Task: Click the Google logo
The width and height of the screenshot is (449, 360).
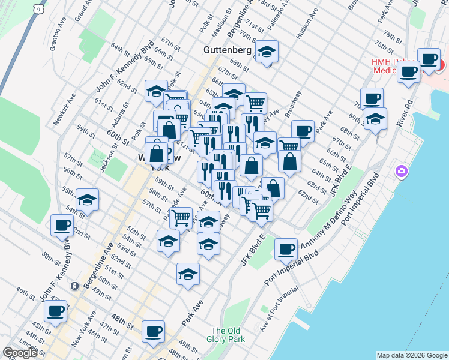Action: coord(20,353)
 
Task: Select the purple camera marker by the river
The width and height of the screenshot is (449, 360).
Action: coord(401,172)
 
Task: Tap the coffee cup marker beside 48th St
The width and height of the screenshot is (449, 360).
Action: coord(153,331)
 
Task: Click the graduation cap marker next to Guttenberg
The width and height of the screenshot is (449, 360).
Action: coord(267,52)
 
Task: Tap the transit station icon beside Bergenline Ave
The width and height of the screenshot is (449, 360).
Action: coord(74,286)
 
